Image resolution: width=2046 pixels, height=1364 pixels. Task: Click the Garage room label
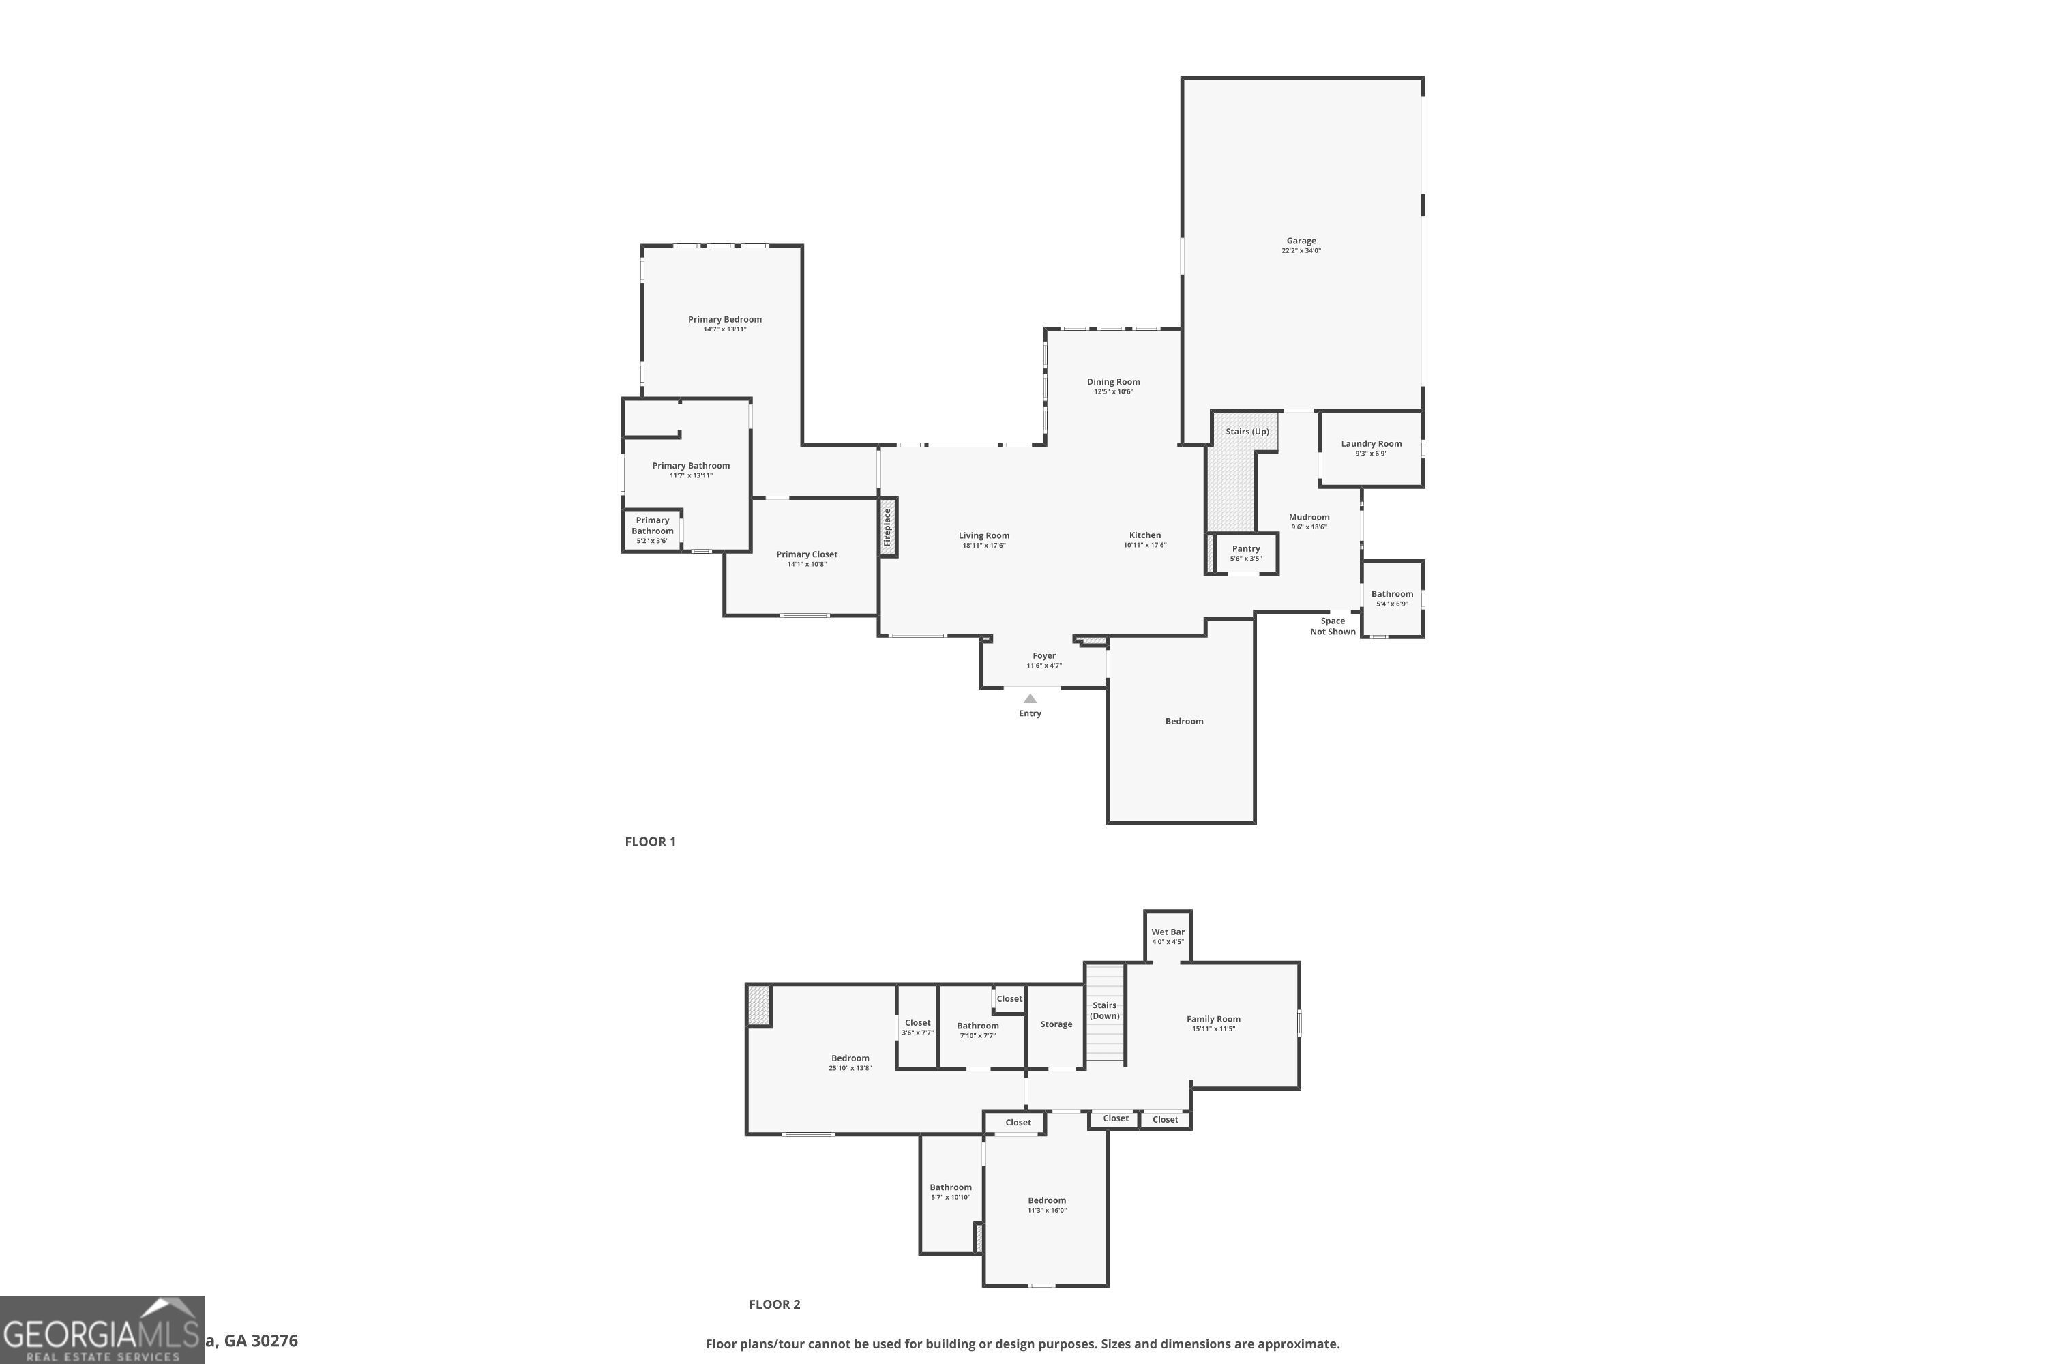click(1301, 241)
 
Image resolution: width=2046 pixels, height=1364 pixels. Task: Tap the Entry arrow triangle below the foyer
click(1030, 698)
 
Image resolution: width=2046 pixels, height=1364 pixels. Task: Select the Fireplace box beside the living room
click(888, 527)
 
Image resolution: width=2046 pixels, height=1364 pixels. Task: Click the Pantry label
click(1246, 549)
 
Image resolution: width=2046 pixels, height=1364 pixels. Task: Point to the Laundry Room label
click(1371, 444)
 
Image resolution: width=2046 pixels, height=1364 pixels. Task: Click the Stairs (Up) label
click(1247, 432)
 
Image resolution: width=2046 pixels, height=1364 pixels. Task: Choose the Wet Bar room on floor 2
click(1168, 936)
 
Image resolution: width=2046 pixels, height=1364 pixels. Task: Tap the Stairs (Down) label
click(1104, 1010)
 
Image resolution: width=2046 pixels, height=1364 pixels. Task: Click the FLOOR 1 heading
click(650, 841)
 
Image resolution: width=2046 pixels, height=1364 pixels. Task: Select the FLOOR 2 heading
click(774, 1304)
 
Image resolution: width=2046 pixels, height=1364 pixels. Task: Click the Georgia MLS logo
click(102, 1330)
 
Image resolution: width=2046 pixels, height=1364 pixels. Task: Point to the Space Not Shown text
click(1333, 626)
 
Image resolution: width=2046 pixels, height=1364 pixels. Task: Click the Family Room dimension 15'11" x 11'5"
click(1213, 1029)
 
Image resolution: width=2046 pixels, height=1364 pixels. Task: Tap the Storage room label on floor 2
click(1056, 1024)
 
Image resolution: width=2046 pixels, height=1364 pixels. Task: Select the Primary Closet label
click(806, 554)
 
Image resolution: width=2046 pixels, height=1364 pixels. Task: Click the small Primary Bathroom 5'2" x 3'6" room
click(653, 530)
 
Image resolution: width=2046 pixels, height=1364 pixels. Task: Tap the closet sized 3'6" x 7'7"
click(917, 1027)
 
